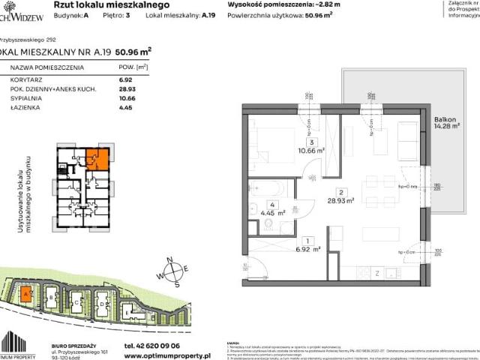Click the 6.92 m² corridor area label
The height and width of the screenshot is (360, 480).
(x=308, y=246)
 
